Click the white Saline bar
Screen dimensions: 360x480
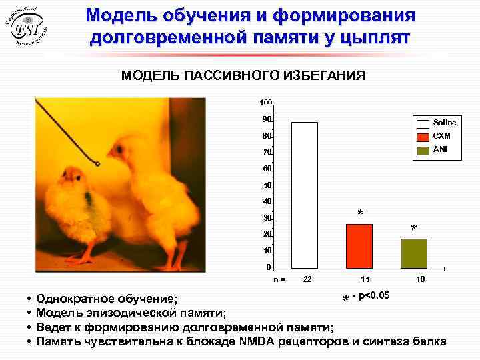coord(305,195)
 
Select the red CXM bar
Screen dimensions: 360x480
coord(359,245)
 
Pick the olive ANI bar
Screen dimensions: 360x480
coord(413,253)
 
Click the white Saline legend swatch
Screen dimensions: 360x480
coord(423,123)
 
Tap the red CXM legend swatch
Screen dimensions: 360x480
coord(423,137)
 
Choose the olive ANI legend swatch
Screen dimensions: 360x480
coord(423,149)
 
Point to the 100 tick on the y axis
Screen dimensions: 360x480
coord(266,103)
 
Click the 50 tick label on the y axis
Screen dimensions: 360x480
coord(267,185)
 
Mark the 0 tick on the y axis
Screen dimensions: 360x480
coord(269,267)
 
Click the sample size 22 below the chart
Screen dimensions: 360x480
coord(307,279)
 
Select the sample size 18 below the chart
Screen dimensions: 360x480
coord(421,279)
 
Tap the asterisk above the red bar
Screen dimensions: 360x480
coord(361,214)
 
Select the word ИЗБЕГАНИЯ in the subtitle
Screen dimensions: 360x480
coord(321,75)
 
